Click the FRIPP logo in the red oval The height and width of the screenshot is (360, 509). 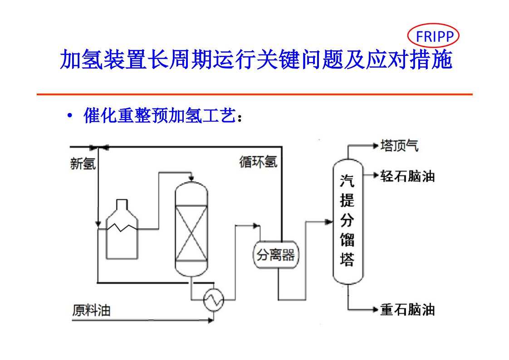433,36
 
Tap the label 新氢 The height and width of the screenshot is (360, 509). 83,163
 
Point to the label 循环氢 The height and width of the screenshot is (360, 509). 258,162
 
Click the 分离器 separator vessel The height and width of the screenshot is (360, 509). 276,255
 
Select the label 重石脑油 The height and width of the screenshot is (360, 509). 407,310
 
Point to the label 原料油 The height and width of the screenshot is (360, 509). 91,311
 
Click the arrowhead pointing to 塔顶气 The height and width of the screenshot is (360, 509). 375,146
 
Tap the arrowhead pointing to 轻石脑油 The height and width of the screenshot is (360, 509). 375,175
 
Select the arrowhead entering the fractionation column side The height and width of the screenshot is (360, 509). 329,222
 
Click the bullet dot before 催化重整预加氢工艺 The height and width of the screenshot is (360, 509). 69,116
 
